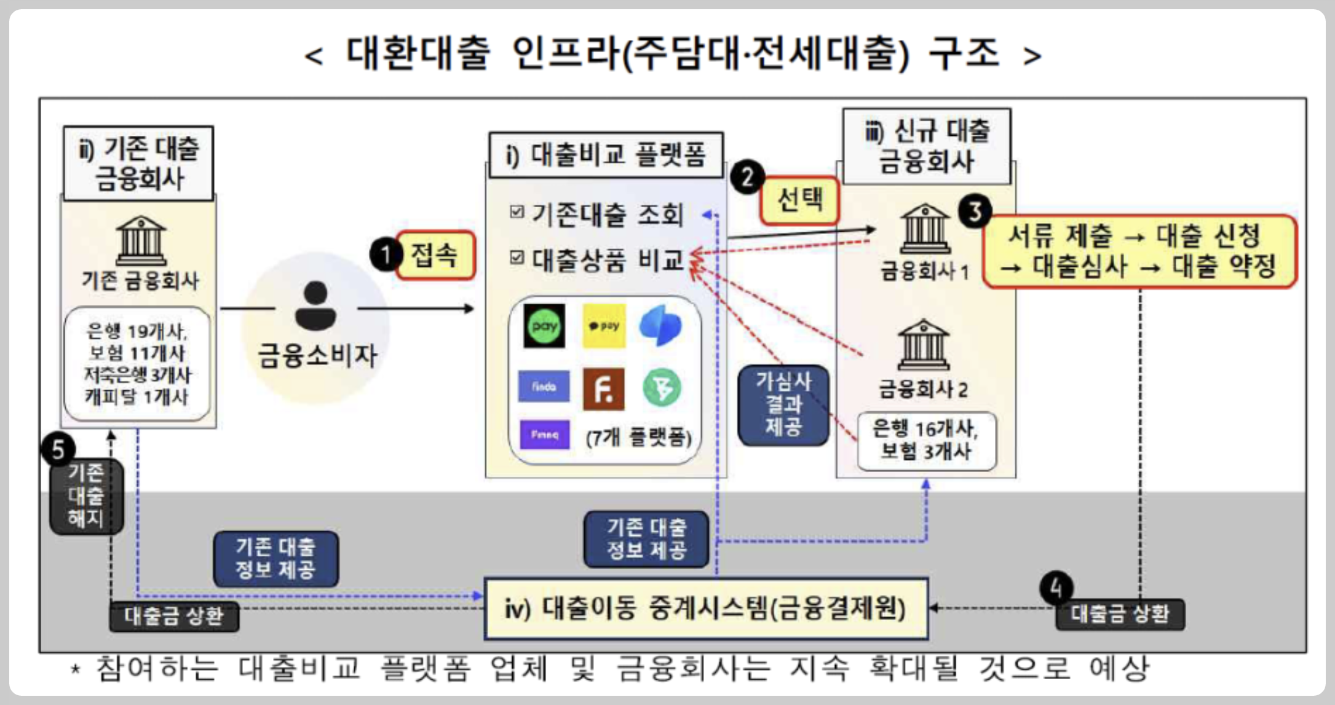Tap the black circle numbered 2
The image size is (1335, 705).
pyautogui.click(x=747, y=178)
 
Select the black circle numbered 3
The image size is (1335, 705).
pyautogui.click(x=975, y=211)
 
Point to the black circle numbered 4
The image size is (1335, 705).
pyautogui.click(x=1056, y=588)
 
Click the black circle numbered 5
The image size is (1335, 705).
pyautogui.click(x=58, y=449)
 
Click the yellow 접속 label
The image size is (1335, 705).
pyautogui.click(x=435, y=255)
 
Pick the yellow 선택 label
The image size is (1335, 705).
pyautogui.click(x=799, y=200)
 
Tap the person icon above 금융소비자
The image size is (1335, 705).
pyautogui.click(x=315, y=305)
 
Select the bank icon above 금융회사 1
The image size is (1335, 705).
pyautogui.click(x=925, y=229)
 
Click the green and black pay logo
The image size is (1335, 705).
pyautogui.click(x=544, y=326)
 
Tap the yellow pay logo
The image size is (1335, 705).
pyautogui.click(x=603, y=326)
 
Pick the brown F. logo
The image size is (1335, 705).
pyautogui.click(x=603, y=388)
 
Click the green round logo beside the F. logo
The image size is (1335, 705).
pyautogui.click(x=662, y=388)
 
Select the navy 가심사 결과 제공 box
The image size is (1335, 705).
pyautogui.click(x=783, y=404)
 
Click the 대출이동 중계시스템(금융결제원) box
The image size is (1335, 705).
pyautogui.click(x=705, y=608)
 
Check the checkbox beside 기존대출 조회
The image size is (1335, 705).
pyautogui.click(x=517, y=213)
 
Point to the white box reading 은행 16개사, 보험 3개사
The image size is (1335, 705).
pyautogui.click(x=926, y=441)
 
